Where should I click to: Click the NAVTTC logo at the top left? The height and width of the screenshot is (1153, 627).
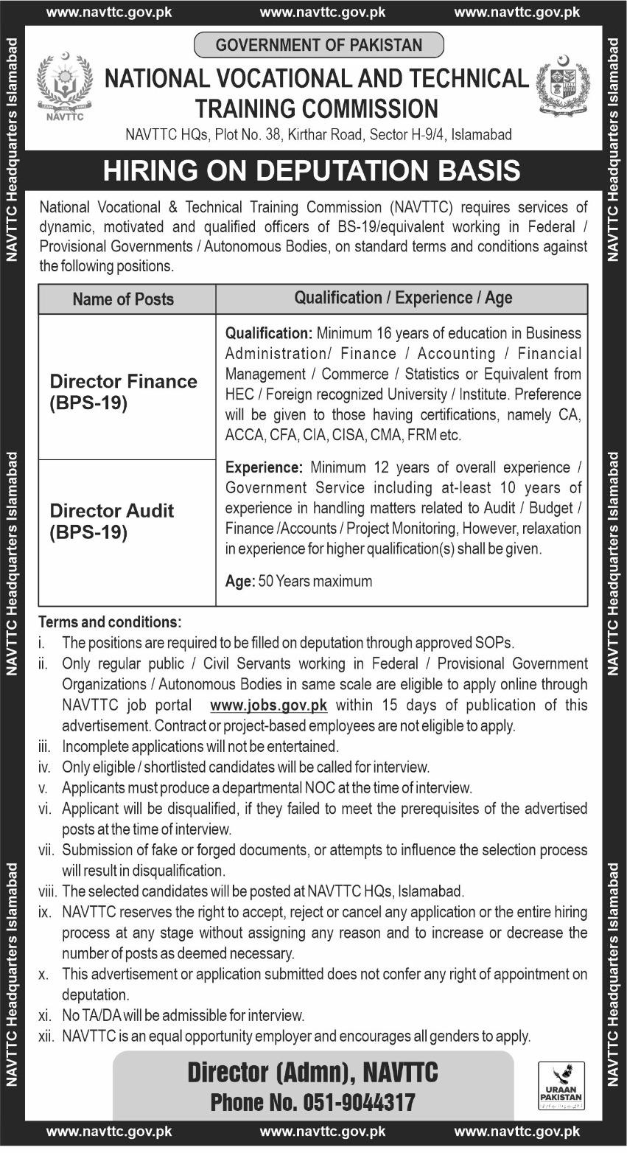64,87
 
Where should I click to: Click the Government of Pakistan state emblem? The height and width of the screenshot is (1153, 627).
562,86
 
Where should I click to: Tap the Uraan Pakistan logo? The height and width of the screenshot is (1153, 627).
561,1085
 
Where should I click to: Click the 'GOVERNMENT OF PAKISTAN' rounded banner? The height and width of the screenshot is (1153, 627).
318,45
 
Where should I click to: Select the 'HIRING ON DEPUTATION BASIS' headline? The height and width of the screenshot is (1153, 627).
312,171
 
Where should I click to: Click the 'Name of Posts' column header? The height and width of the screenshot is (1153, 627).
123,299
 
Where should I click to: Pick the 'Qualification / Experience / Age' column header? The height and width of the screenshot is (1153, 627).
403,298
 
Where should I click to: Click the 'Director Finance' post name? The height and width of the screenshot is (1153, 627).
123,381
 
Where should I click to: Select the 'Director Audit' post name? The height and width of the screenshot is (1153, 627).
112,510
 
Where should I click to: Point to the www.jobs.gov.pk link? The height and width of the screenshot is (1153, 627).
268,705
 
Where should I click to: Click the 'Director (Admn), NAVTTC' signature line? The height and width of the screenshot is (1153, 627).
312,1072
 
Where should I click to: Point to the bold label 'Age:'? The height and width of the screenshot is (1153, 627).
239,581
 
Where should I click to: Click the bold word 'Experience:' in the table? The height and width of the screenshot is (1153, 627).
264,467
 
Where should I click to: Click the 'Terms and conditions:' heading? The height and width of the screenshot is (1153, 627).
110,622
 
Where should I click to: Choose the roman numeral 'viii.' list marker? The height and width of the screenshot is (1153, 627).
47,891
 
